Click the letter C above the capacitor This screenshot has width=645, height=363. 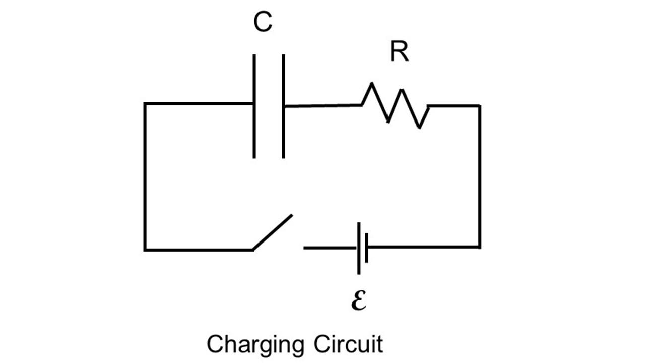click(x=263, y=23)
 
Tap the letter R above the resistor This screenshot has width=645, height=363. click(x=399, y=51)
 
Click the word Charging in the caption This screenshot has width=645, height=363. click(x=255, y=345)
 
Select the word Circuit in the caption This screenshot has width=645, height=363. click(x=348, y=345)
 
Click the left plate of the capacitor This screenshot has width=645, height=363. click(x=254, y=106)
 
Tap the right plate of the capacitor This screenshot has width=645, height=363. click(x=283, y=106)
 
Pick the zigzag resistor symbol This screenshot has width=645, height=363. click(x=396, y=105)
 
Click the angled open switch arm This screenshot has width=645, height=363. click(x=273, y=232)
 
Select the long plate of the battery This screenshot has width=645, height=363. click(x=359, y=248)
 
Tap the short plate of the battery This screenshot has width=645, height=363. click(x=366, y=248)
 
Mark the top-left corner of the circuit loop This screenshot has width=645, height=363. click(x=145, y=104)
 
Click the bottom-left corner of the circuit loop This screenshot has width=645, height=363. click(x=145, y=249)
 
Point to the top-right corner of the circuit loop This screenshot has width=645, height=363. click(x=479, y=106)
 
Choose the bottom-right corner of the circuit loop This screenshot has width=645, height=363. click(x=479, y=247)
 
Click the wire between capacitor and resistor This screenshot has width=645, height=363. click(x=322, y=106)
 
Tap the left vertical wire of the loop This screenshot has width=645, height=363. click(x=145, y=176)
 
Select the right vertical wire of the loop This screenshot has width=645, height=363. click(x=479, y=176)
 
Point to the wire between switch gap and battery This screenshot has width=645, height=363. click(x=330, y=248)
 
